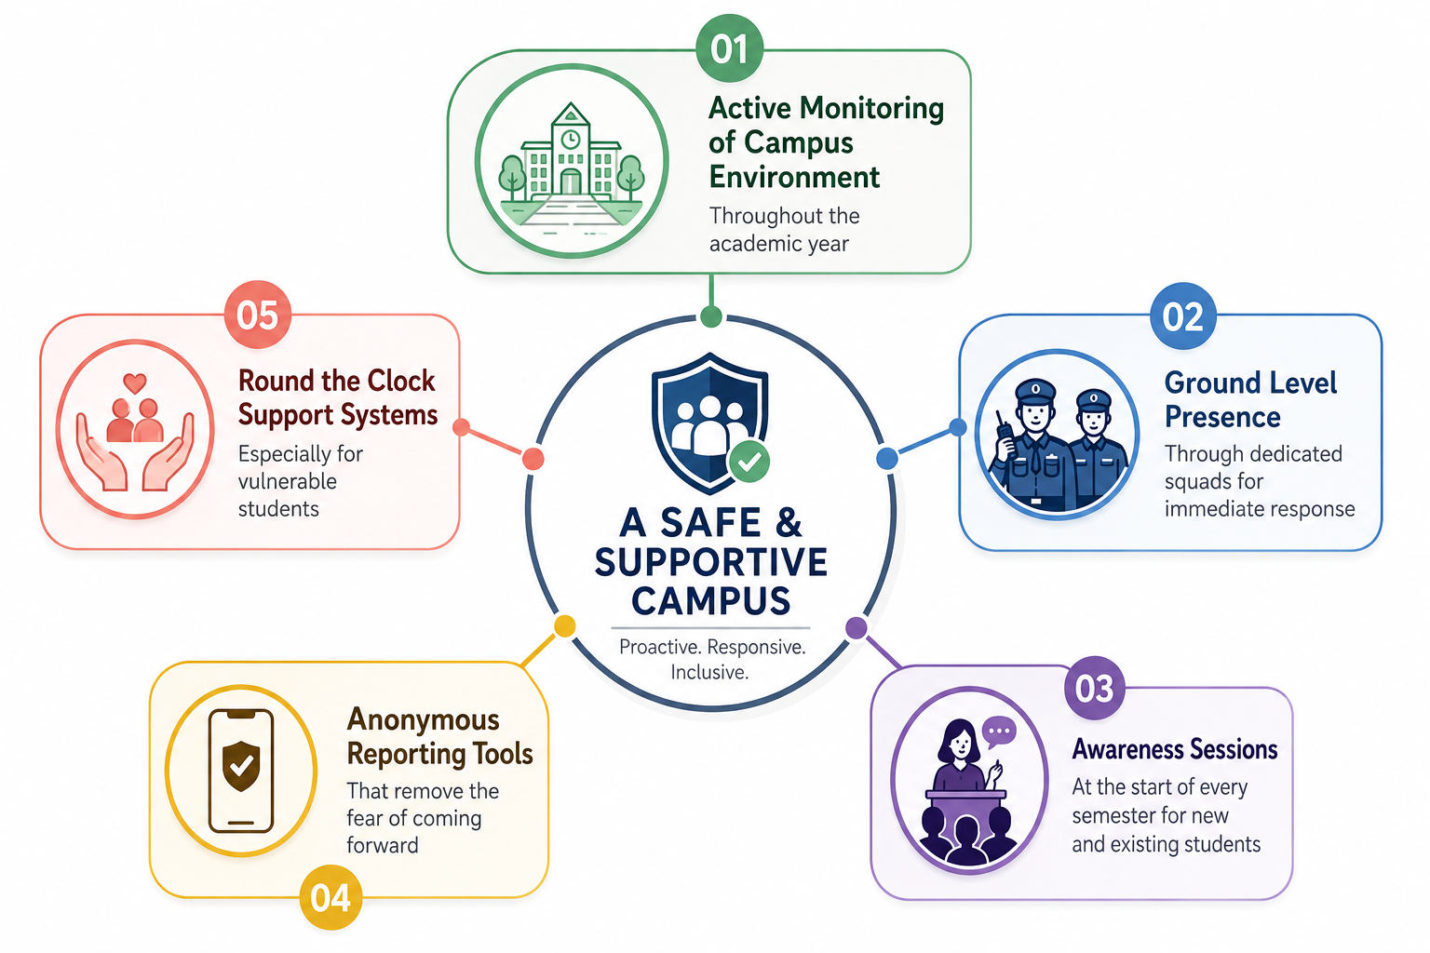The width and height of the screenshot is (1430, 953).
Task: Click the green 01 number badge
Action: (729, 48)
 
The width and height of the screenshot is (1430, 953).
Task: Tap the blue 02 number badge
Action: (1183, 316)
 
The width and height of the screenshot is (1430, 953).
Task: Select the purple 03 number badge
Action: (1094, 688)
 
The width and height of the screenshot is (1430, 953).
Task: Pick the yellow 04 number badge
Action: (331, 897)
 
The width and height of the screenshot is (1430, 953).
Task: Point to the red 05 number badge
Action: (258, 315)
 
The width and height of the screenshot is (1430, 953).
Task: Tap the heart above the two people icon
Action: (135, 383)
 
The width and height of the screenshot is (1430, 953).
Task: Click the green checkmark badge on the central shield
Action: (749, 461)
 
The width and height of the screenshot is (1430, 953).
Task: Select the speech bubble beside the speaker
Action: (999, 732)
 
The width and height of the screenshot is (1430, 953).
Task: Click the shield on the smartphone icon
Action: (241, 765)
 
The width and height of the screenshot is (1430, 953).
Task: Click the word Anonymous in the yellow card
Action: (423, 720)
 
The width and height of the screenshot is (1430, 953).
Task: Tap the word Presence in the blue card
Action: (1222, 418)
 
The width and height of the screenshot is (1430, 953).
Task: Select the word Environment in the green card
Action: (795, 177)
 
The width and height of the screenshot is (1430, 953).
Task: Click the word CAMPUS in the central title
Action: (711, 600)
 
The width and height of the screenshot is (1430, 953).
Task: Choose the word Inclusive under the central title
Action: (709, 672)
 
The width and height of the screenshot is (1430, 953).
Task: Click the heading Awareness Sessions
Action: (1175, 749)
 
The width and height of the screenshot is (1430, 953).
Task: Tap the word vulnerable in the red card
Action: (288, 481)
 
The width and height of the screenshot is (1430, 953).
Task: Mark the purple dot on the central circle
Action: (857, 627)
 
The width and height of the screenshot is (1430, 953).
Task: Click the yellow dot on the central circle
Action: (564, 626)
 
